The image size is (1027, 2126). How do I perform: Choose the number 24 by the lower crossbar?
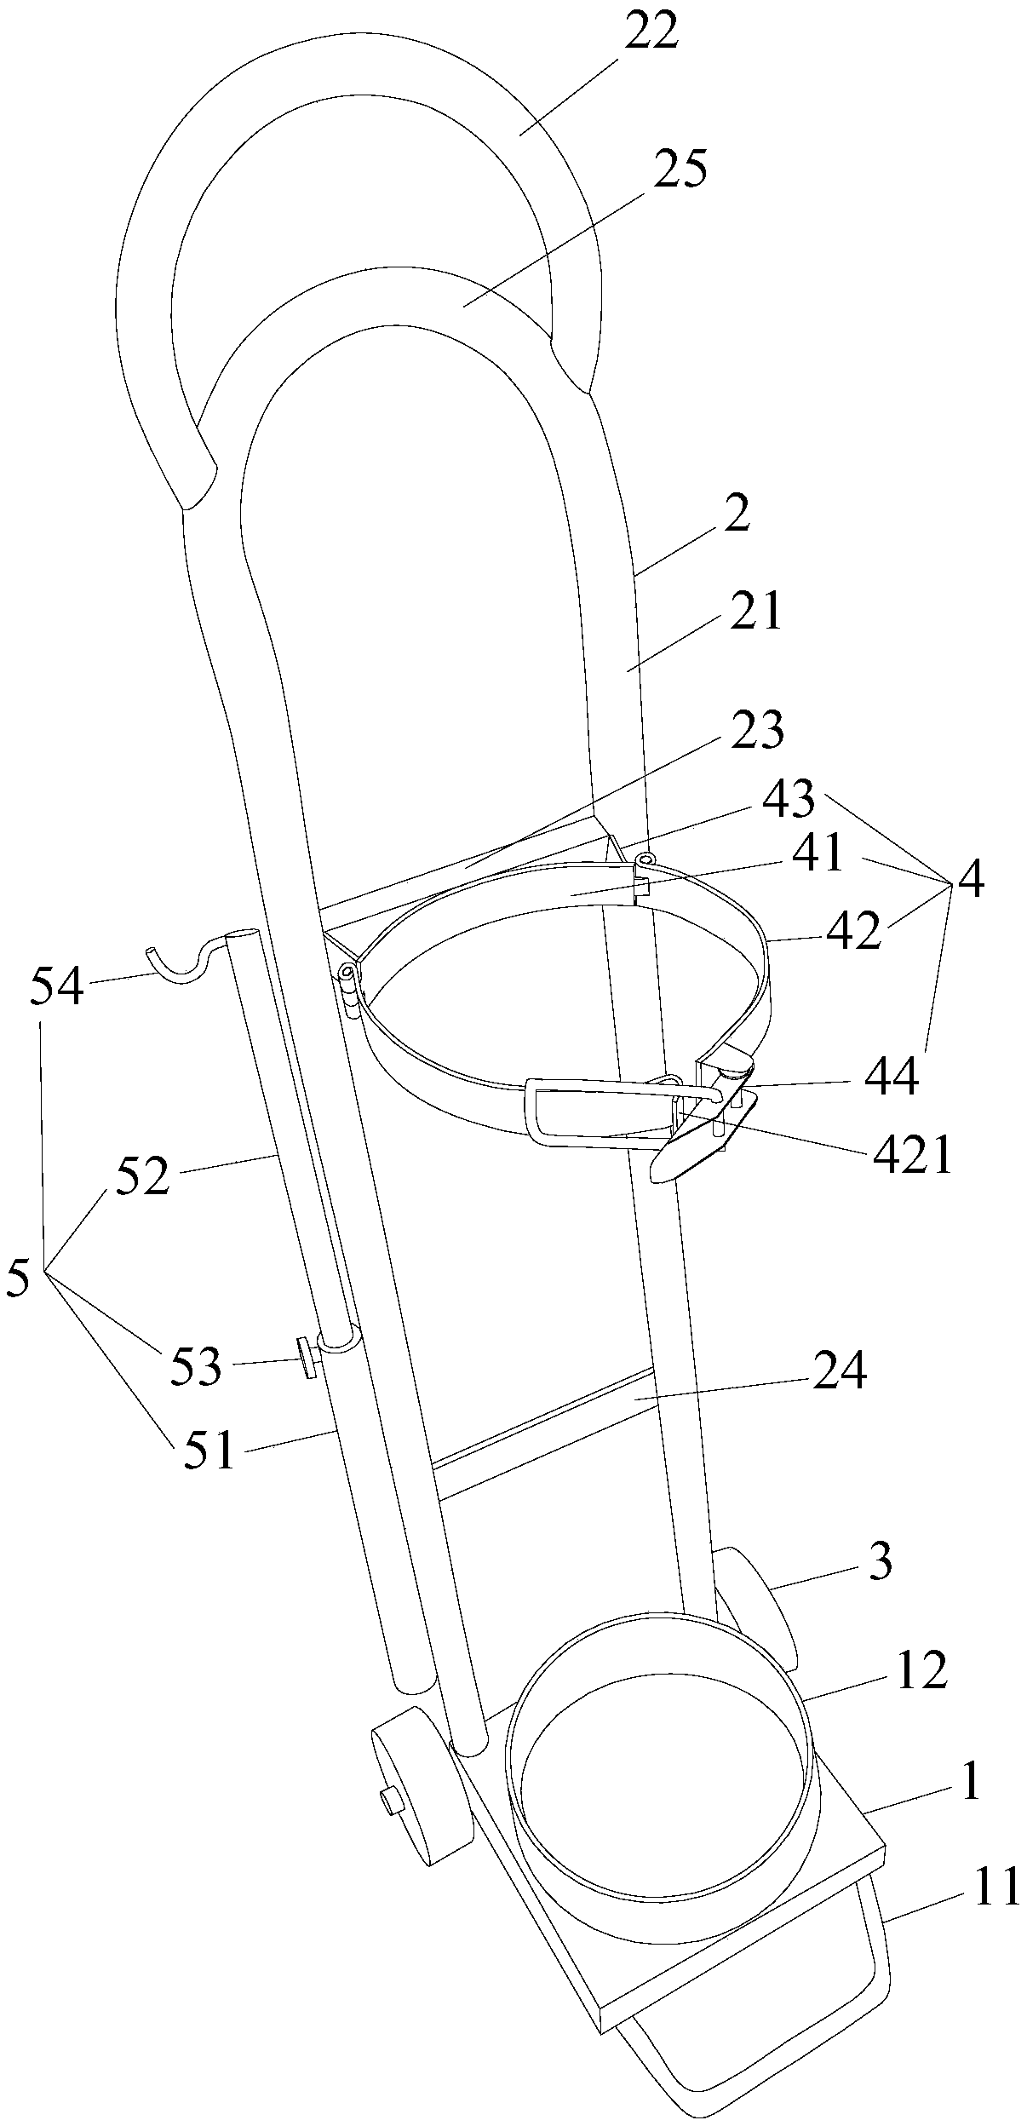pyautogui.click(x=840, y=1370)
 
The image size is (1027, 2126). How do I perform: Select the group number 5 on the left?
pyautogui.click(x=18, y=1278)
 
